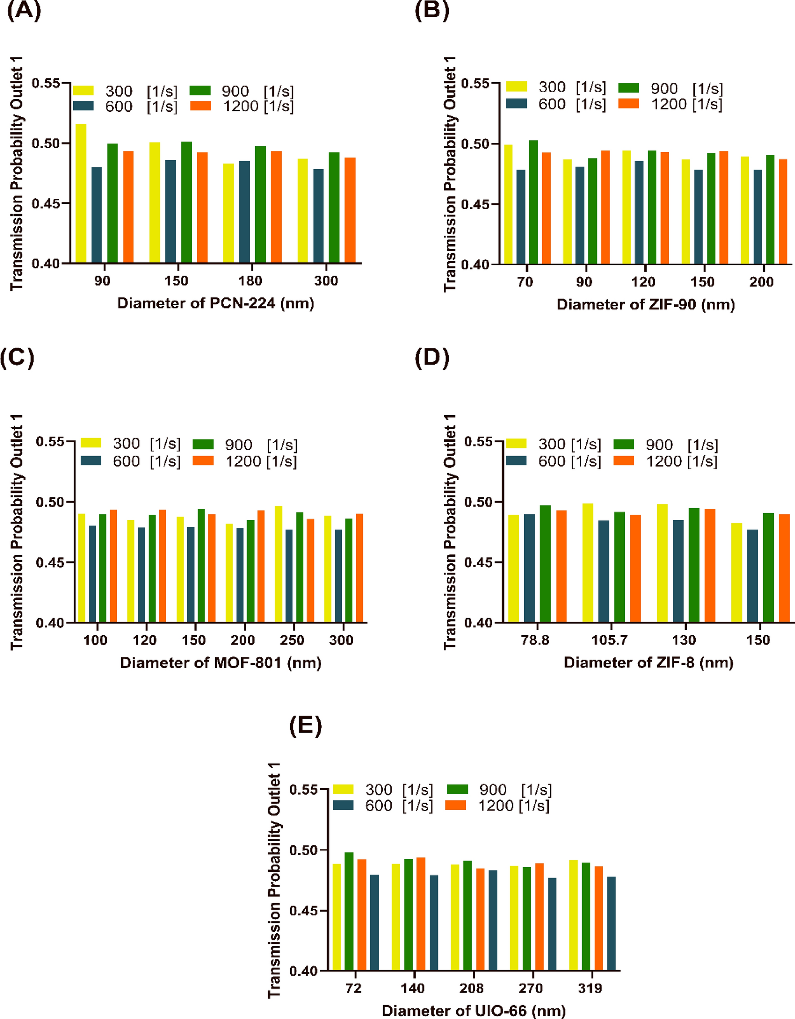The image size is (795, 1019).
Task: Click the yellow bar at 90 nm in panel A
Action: pyautogui.click(x=80, y=193)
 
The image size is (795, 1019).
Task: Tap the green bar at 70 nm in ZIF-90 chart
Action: pyautogui.click(x=533, y=202)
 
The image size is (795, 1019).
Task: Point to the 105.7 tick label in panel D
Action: pyautogui.click(x=609, y=640)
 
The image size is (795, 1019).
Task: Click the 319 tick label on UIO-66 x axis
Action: pyautogui.click(x=590, y=988)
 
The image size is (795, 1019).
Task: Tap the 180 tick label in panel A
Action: pyautogui.click(x=250, y=281)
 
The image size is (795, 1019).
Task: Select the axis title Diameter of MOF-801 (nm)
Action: pyautogui.click(x=221, y=663)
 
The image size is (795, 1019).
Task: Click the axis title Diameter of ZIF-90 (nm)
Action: pyautogui.click(x=645, y=305)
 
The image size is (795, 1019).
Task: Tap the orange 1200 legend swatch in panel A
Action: pyautogui.click(x=200, y=106)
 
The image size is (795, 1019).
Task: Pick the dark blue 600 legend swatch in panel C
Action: pyautogui.click(x=91, y=461)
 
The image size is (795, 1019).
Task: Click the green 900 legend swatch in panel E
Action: pyautogui.click(x=457, y=789)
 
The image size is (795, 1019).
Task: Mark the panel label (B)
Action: pyautogui.click(x=431, y=10)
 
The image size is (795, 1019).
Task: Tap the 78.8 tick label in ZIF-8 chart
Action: pyautogui.click(x=535, y=640)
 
